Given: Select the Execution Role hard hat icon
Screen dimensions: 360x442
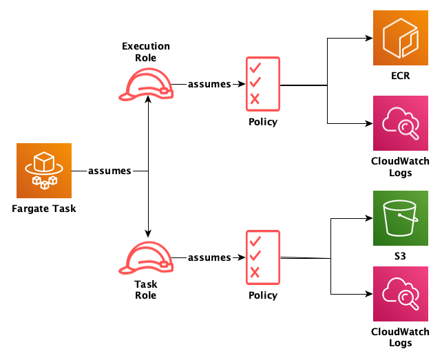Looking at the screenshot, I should point(146,84).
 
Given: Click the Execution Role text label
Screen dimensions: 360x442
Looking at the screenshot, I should point(146,52).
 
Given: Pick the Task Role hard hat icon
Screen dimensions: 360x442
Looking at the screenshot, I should point(146,257).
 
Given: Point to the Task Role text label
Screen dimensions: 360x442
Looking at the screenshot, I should point(146,290).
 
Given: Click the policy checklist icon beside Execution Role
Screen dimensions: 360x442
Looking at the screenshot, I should point(262,84).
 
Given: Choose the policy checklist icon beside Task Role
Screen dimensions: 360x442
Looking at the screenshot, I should point(262,257).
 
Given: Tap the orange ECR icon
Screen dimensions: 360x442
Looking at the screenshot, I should point(401,39).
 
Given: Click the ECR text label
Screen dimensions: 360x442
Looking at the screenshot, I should point(401,76).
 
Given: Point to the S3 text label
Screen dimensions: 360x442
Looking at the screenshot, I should point(401,256).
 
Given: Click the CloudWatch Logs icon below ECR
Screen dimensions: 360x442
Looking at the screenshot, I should point(401,123).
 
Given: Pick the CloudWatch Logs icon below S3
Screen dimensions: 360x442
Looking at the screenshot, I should point(401,295).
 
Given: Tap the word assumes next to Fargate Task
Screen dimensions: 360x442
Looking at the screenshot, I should point(109,171).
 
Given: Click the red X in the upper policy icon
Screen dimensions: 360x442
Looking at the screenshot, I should point(255,99).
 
